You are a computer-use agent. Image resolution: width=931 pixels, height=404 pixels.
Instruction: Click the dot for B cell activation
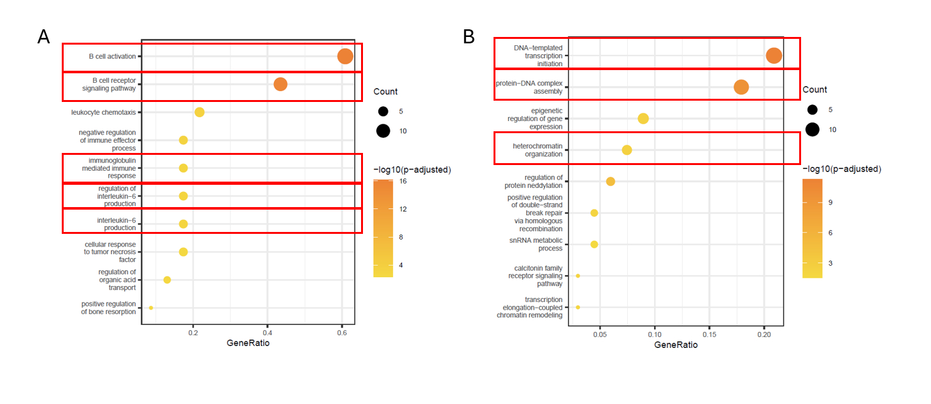click(x=345, y=56)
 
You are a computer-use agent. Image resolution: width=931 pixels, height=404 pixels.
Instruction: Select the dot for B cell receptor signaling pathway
click(x=280, y=84)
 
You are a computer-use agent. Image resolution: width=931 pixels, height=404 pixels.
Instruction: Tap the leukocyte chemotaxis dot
click(x=199, y=112)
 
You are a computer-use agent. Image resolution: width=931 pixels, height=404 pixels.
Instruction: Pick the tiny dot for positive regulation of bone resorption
click(x=151, y=308)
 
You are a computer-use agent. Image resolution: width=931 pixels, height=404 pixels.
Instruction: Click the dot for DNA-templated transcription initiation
click(x=774, y=56)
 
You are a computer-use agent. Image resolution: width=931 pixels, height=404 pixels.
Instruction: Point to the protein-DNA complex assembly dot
click(x=741, y=87)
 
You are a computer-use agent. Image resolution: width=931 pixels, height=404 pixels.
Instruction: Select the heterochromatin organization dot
click(x=627, y=150)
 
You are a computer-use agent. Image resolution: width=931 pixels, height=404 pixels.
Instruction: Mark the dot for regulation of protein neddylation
click(x=611, y=182)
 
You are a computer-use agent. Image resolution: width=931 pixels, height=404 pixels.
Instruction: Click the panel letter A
click(x=43, y=37)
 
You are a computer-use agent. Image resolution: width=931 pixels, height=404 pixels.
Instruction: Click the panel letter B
click(x=469, y=37)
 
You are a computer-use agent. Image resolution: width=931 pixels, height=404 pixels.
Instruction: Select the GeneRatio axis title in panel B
click(x=676, y=345)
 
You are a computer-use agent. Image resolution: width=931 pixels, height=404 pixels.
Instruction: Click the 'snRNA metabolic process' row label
click(x=536, y=244)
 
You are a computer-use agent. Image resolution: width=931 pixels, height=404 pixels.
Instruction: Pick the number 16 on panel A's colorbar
click(x=402, y=181)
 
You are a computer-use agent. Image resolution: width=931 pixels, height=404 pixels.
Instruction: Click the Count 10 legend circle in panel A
click(x=383, y=131)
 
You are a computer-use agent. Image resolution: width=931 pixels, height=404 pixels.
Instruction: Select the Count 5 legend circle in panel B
click(x=812, y=110)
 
